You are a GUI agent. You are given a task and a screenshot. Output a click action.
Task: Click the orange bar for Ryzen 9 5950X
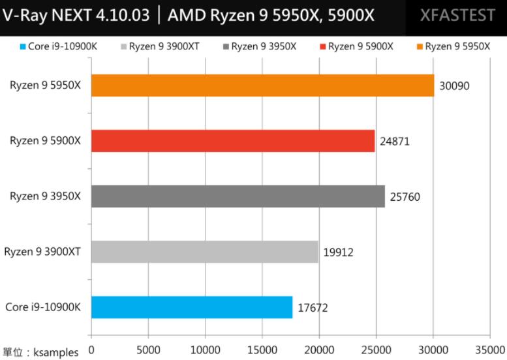coord(262,85)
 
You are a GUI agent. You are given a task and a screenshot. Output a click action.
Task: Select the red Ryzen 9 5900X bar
coord(233,141)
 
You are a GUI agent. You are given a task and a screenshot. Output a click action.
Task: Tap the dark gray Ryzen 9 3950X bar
coord(238,196)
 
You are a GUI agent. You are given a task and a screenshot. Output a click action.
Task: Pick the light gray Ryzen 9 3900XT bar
coord(204,252)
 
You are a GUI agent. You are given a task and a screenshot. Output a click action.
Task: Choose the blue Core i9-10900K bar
coord(192,307)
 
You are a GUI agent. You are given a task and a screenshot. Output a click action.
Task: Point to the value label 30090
coord(455,85)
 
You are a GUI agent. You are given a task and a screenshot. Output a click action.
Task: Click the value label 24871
coord(395,141)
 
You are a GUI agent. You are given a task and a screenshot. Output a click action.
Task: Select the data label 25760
coord(405,196)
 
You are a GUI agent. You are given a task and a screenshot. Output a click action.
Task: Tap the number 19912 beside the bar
coord(339,252)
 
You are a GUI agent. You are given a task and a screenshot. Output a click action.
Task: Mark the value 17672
coord(313,307)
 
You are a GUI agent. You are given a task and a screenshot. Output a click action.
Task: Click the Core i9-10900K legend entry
coord(57,46)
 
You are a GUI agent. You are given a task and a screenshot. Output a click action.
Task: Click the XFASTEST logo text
coord(457,15)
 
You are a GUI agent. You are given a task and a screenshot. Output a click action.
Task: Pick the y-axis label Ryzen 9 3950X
coord(45,196)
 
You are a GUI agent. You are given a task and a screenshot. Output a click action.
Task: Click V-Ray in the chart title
coord(25,15)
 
